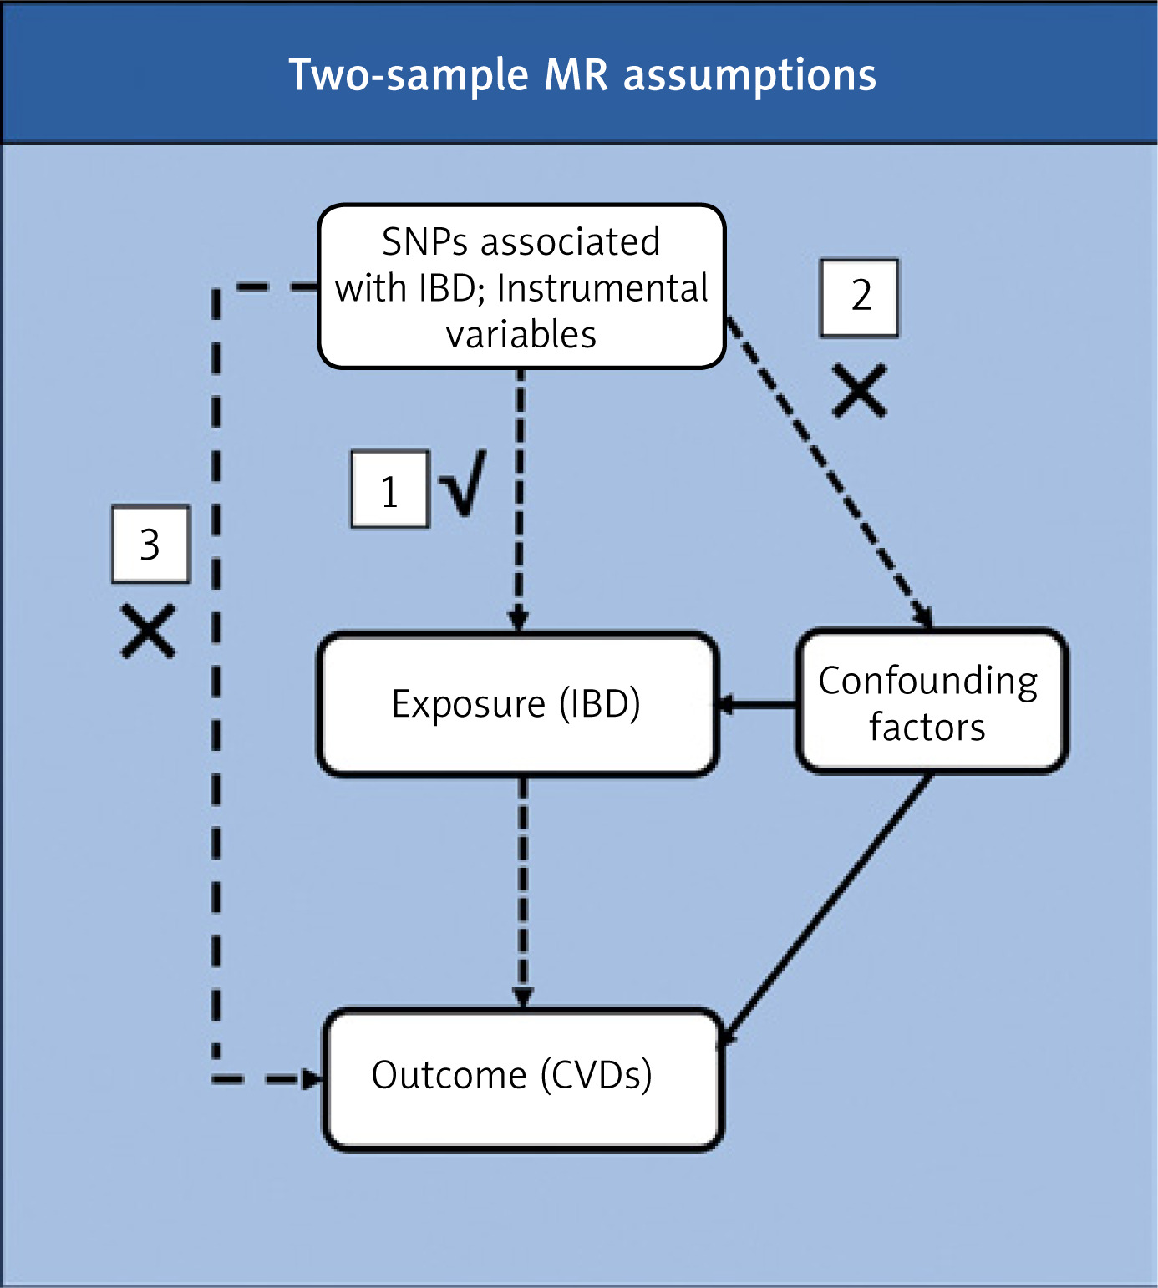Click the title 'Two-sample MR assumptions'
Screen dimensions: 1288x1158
click(x=582, y=75)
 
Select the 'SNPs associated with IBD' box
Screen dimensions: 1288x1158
click(x=521, y=287)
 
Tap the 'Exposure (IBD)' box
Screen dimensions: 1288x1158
click(x=517, y=704)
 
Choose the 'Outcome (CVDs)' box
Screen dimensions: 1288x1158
click(x=522, y=1079)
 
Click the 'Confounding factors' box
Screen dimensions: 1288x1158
click(x=929, y=702)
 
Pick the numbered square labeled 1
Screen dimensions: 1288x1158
click(x=389, y=490)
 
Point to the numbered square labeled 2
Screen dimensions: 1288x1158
click(x=860, y=297)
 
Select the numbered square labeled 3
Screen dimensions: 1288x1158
click(x=150, y=544)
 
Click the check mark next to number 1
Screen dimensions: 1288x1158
click(x=464, y=484)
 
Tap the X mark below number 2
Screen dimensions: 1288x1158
click(x=860, y=390)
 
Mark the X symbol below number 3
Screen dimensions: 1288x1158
click(x=149, y=631)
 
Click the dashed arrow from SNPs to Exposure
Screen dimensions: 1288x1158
click(x=519, y=501)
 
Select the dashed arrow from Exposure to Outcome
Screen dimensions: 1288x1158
click(x=523, y=890)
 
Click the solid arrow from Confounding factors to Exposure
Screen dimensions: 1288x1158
click(x=757, y=706)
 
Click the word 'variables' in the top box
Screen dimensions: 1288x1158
click(x=521, y=334)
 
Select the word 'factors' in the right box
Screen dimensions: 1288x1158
click(x=927, y=727)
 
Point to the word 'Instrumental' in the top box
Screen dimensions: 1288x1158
click(x=602, y=288)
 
